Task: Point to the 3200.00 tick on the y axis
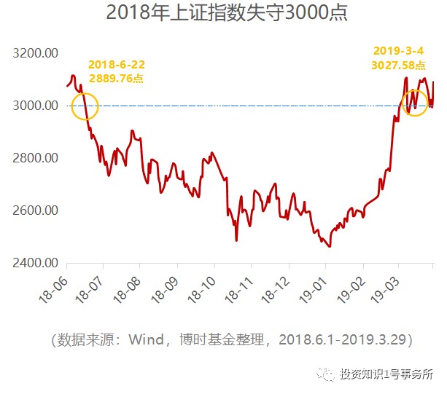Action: [36, 54]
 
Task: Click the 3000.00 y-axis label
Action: [36, 106]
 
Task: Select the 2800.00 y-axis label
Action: [36, 158]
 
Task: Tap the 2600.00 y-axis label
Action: [36, 210]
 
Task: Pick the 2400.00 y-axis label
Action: [36, 263]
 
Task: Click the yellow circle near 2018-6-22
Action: [85, 106]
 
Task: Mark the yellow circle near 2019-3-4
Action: [415, 101]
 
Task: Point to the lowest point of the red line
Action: [330, 246]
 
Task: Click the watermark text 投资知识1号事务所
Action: [385, 375]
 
